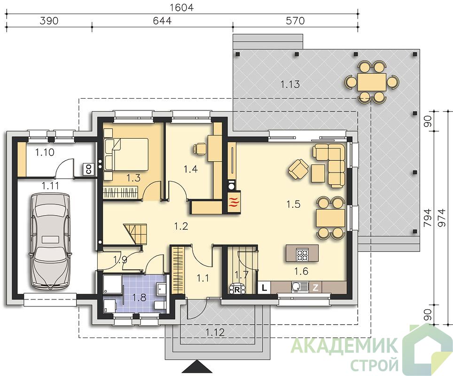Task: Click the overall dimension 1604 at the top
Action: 181,7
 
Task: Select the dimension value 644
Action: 162,21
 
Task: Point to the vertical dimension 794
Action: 428,218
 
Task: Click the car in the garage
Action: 50,241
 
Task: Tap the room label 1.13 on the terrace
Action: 290,85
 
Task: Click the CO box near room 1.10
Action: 87,169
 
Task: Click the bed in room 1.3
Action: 126,154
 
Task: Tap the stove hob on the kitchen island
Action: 303,254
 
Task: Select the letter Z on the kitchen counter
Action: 315,288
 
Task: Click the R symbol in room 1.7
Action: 236,290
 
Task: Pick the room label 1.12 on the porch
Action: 215,332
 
